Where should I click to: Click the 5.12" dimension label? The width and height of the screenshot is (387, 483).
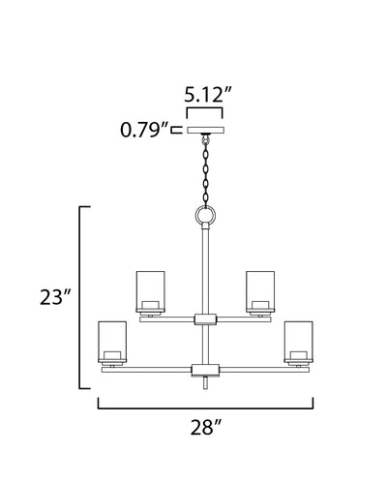[x=208, y=94]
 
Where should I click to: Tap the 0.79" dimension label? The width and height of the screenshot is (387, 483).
[x=144, y=130]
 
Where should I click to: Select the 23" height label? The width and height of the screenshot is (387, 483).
[x=55, y=297]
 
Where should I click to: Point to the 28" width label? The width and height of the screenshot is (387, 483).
[x=206, y=427]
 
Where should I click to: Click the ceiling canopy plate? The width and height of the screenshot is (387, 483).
[x=205, y=130]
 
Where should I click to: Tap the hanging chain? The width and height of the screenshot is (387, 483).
[x=205, y=171]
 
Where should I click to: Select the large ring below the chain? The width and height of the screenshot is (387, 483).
[x=205, y=214]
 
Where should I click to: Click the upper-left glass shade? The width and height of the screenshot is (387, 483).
[x=151, y=291]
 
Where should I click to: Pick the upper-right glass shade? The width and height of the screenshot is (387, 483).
[x=260, y=291]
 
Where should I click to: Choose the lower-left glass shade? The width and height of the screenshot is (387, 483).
[x=112, y=342]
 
